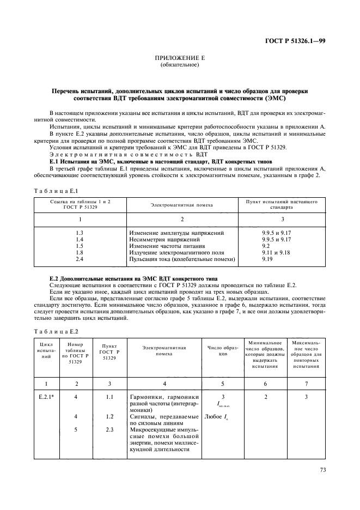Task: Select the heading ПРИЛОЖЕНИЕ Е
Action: pos(180,58)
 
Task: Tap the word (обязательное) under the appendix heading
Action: pos(180,65)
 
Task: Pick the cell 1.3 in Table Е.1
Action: pos(80,233)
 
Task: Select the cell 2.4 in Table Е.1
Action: pos(80,259)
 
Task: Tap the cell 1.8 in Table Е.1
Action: pos(80,253)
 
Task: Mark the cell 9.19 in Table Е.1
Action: pos(267,259)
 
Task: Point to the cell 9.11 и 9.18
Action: pos(277,253)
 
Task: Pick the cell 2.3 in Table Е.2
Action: pos(109,429)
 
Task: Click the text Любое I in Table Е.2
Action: pos(216,417)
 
